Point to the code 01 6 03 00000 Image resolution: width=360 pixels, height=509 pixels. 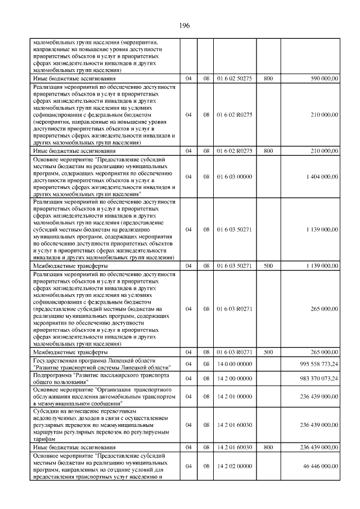tap(234, 177)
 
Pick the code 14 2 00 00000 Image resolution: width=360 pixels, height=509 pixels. tap(234, 379)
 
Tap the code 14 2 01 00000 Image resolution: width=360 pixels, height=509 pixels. tap(234, 397)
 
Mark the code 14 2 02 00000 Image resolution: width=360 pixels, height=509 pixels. tap(234, 466)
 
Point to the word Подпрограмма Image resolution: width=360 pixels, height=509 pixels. tap(51, 375)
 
